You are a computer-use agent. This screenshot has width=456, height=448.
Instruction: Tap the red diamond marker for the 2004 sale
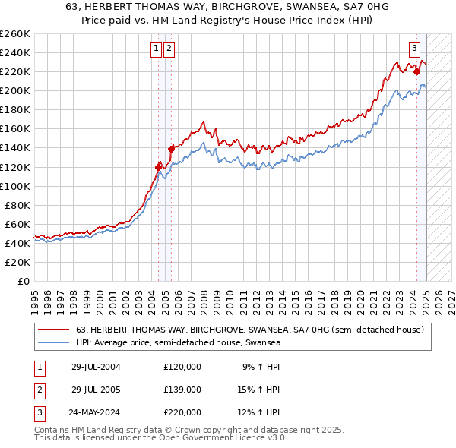click(x=159, y=166)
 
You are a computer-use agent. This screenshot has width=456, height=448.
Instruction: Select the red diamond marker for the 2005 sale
click(x=171, y=148)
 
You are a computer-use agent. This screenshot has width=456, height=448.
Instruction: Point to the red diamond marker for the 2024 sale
click(x=416, y=71)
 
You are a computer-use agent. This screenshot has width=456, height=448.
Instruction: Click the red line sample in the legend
click(x=54, y=330)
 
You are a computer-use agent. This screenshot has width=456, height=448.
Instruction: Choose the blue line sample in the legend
click(x=54, y=342)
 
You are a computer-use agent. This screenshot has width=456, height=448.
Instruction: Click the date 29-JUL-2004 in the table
click(x=96, y=367)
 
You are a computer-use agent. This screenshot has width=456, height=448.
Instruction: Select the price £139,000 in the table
click(x=182, y=390)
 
